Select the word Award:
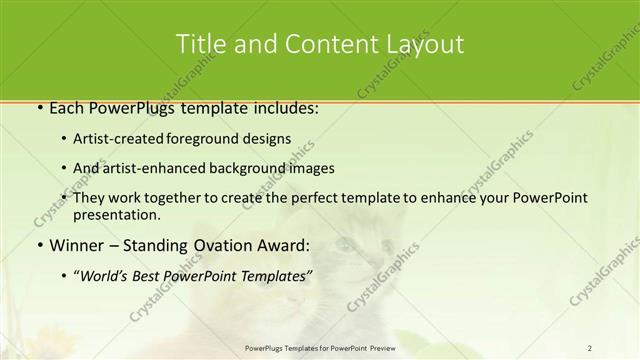click(x=288, y=245)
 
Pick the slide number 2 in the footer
click(x=590, y=347)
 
